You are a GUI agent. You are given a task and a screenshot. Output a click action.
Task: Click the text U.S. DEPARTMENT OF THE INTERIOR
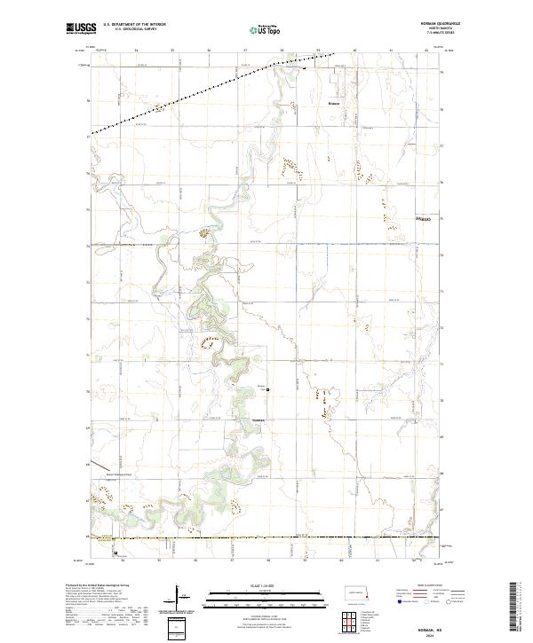(x=134, y=24)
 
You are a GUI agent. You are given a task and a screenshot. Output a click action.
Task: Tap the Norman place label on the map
(x=334, y=104)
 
